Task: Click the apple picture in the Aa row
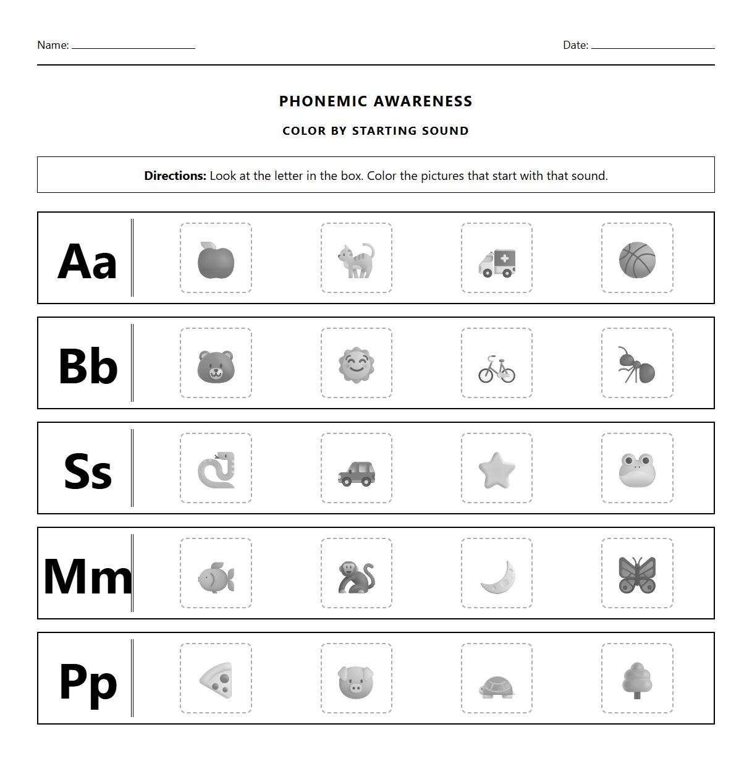pos(216,260)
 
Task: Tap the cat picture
pos(357,260)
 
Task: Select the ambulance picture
pos(497,263)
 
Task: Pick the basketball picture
pos(637,260)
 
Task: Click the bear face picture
pos(216,366)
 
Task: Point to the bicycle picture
pos(497,369)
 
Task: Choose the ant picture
pos(637,365)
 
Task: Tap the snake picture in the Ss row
pos(216,470)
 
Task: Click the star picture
pos(497,470)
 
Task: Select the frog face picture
pos(637,470)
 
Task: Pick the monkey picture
pos(357,577)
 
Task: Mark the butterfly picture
pos(637,575)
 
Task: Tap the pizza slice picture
pos(216,681)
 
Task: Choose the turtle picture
pos(497,687)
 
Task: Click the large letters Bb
pos(87,366)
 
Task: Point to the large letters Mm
pos(87,576)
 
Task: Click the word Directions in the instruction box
pos(175,176)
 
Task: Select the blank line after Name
pos(133,46)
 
